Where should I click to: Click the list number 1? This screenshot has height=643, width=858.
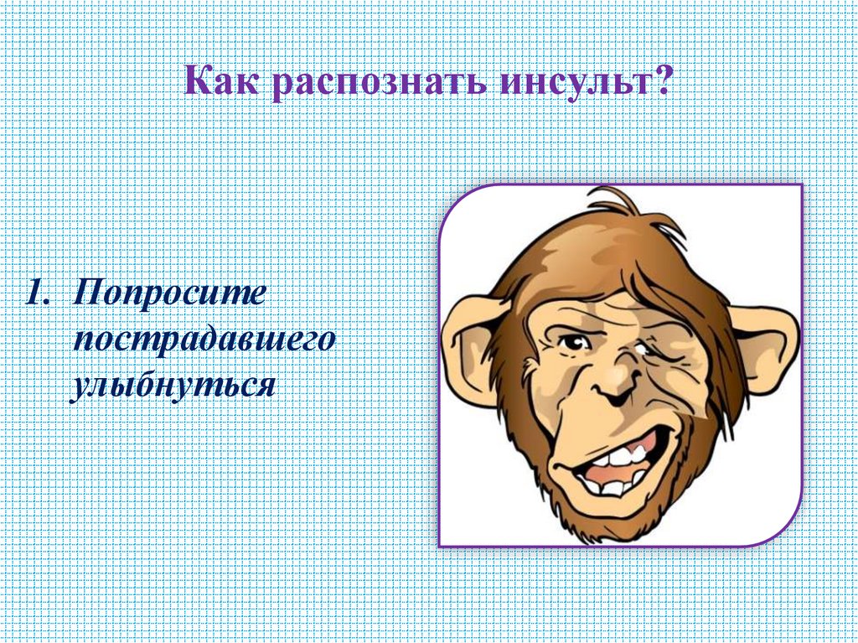(x=35, y=294)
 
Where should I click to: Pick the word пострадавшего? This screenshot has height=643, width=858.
(x=204, y=341)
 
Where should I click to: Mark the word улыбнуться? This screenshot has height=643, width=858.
(x=173, y=386)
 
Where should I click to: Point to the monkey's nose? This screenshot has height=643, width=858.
(x=616, y=387)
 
